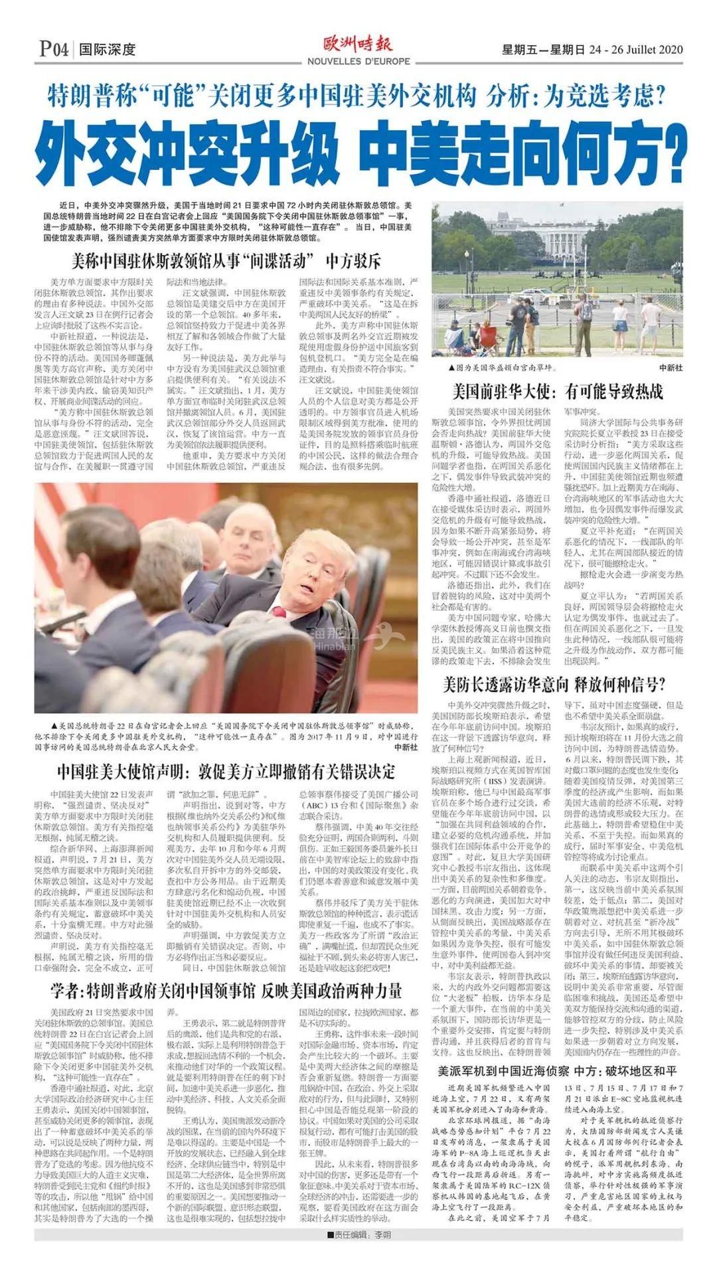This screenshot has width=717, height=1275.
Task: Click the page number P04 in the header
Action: [54, 48]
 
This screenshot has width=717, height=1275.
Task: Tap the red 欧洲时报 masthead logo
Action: [358, 44]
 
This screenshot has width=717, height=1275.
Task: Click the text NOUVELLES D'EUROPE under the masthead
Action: [358, 61]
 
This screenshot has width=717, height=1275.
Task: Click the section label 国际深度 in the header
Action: [107, 49]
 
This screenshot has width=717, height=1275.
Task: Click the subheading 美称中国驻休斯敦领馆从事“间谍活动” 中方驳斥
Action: [226, 260]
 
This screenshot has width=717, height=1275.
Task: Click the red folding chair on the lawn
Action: [489, 335]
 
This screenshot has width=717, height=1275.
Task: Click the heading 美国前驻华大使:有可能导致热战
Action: [558, 391]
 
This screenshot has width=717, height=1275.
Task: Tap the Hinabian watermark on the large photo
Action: [335, 639]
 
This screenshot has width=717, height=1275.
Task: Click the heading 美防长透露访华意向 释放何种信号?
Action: [554, 685]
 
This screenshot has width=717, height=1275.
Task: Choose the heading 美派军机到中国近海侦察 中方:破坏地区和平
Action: [557, 1070]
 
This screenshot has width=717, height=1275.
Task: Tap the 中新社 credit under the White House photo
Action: [671, 367]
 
